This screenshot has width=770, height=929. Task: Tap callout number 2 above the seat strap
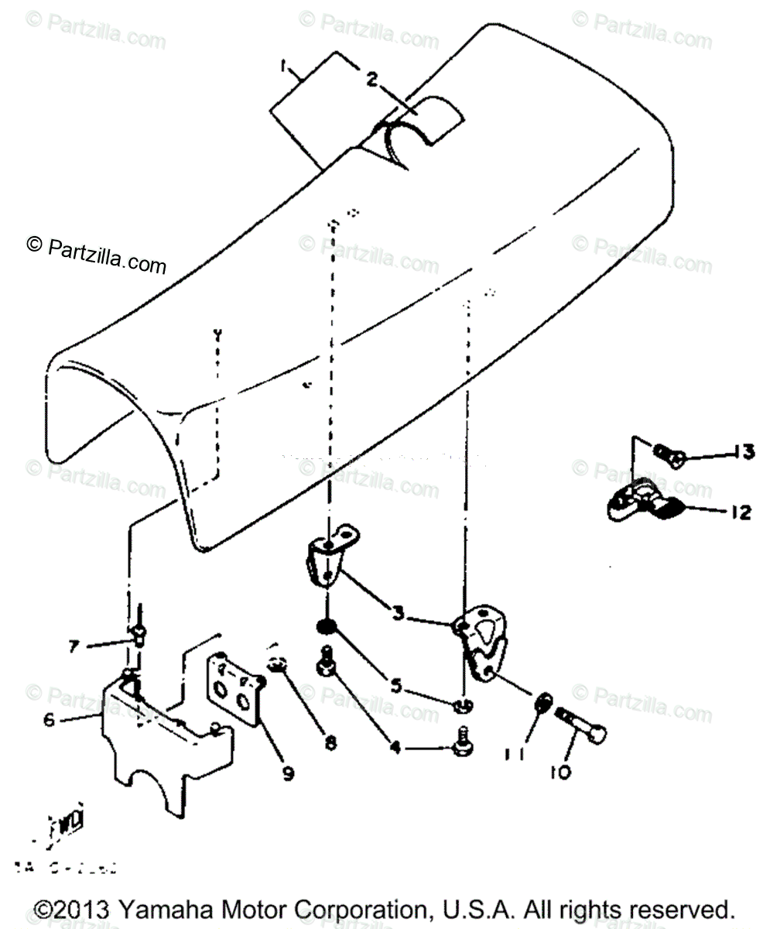click(x=372, y=79)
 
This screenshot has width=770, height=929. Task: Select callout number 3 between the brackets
click(x=397, y=614)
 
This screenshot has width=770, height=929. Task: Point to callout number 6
click(x=48, y=719)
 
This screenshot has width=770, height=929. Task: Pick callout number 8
click(x=330, y=742)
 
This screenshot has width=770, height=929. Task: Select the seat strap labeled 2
click(x=418, y=124)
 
